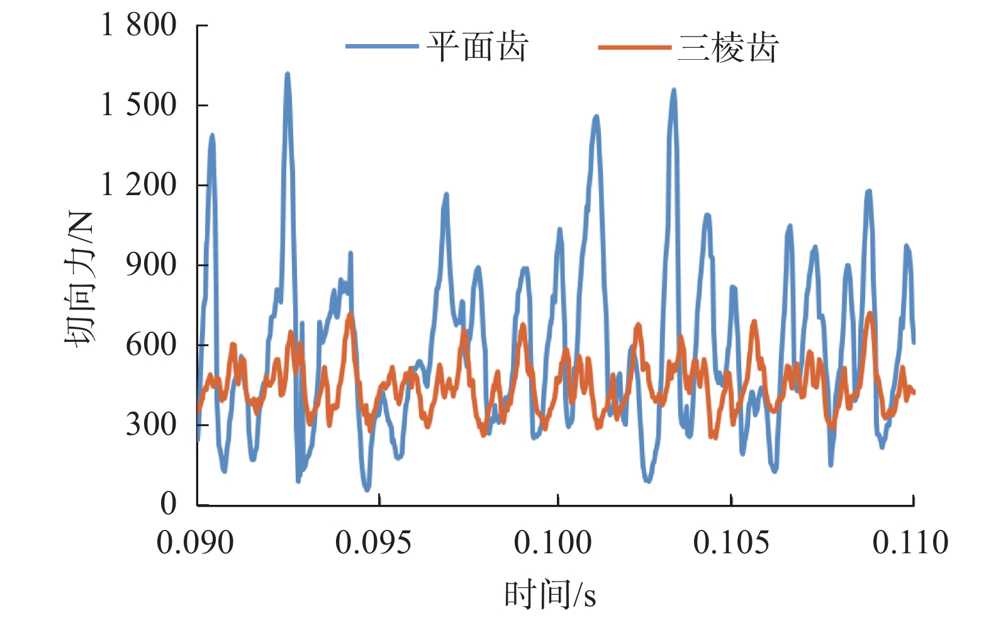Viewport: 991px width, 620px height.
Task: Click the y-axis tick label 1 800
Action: point(139,25)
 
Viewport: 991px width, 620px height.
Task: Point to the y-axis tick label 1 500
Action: point(139,104)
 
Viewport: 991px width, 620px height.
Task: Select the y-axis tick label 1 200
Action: point(139,184)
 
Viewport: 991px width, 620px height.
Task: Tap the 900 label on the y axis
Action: point(151,264)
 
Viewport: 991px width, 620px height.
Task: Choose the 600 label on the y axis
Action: point(151,344)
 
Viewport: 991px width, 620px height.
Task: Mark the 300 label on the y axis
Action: point(151,424)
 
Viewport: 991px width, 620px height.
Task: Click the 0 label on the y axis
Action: point(168,504)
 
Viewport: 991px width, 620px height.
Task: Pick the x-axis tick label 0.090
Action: point(195,543)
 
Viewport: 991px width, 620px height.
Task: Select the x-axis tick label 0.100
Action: point(552,543)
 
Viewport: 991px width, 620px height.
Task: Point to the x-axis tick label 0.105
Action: point(731,543)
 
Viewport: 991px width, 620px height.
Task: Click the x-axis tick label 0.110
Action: point(910,543)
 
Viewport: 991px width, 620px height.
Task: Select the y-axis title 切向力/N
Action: point(79,279)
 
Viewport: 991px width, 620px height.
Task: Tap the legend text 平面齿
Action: point(477,47)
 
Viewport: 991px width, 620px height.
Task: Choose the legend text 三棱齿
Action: point(728,47)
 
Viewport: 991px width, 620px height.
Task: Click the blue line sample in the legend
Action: point(382,47)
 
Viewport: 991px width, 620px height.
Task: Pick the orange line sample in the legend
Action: point(634,47)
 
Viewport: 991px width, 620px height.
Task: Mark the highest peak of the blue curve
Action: point(288,74)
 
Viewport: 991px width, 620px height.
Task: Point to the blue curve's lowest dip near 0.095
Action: point(367,488)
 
